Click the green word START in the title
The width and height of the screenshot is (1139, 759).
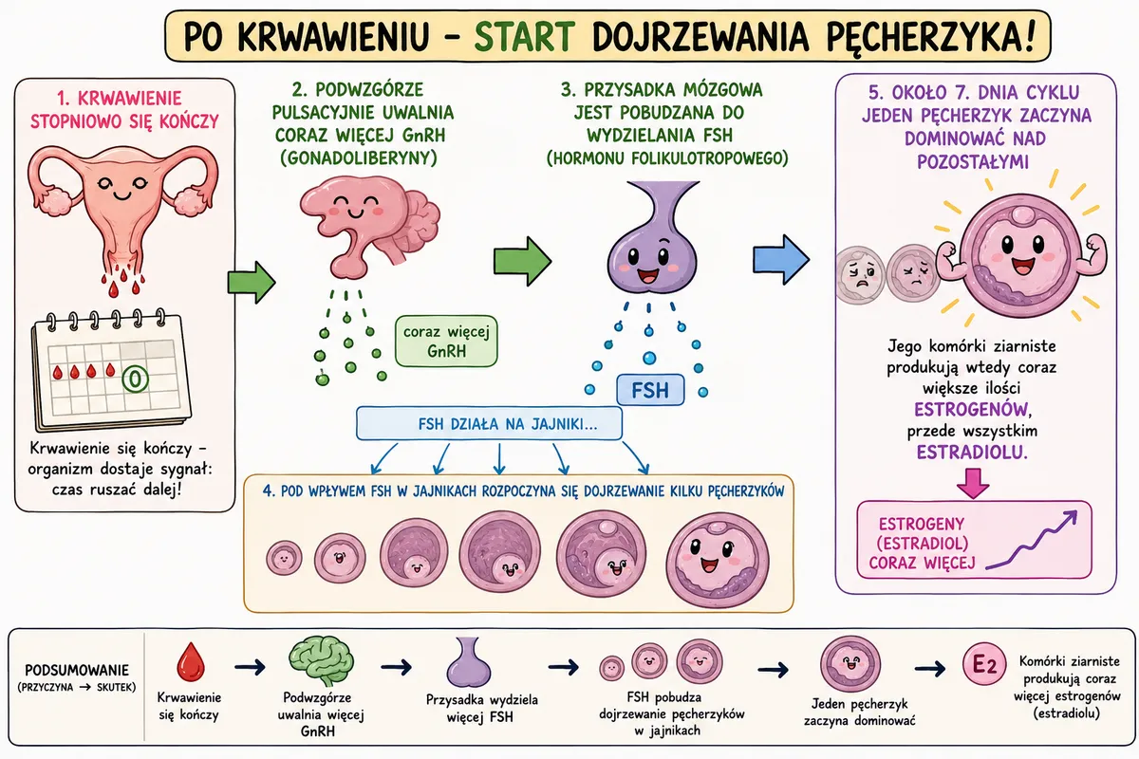(524, 36)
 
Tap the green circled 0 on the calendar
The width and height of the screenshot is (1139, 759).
(135, 379)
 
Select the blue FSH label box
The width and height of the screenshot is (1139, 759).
(650, 390)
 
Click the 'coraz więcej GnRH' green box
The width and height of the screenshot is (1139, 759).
(446, 342)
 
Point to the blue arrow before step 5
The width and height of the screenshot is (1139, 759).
(780, 259)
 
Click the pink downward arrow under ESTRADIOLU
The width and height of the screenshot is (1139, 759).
(973, 483)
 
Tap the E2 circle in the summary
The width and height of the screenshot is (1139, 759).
(984, 664)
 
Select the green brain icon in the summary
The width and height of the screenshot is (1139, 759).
(322, 660)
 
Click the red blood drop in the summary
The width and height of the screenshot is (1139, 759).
(191, 661)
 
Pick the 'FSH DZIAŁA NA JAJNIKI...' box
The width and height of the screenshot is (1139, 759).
(489, 423)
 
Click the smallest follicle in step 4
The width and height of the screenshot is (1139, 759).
(284, 558)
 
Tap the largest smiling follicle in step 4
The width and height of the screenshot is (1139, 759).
(718, 560)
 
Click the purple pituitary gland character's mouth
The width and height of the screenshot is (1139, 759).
(647, 275)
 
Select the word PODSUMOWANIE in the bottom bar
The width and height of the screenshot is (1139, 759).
(77, 670)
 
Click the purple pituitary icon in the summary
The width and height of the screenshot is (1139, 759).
(469, 661)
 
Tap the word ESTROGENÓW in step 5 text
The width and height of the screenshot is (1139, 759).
(972, 409)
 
